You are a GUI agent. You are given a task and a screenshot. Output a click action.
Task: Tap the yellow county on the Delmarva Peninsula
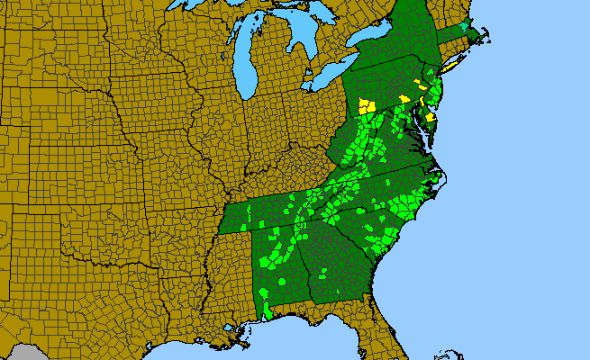[x=431, y=117]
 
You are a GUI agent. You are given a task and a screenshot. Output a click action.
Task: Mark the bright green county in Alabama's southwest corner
[x=267, y=311]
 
